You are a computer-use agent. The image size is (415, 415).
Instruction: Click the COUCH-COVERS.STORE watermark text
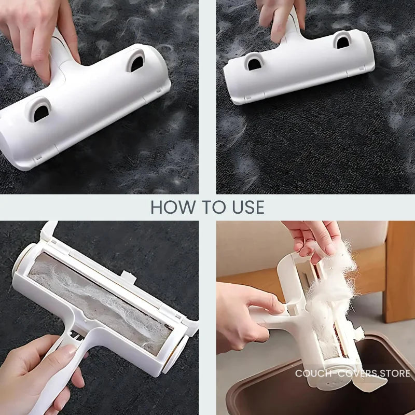pos(353,373)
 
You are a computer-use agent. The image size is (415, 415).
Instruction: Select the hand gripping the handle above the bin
pos(244,316)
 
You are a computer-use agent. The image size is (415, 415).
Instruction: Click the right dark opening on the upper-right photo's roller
pos(341,40)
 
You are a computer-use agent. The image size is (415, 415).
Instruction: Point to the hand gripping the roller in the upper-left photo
pos(36,36)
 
